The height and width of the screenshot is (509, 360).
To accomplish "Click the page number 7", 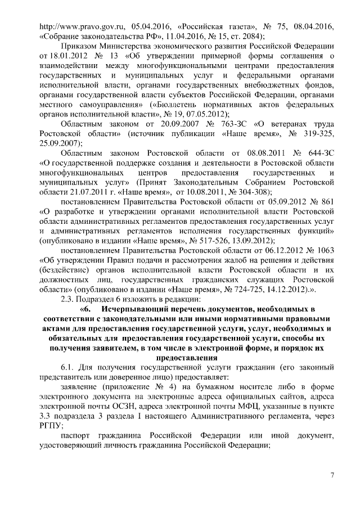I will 332,477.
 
